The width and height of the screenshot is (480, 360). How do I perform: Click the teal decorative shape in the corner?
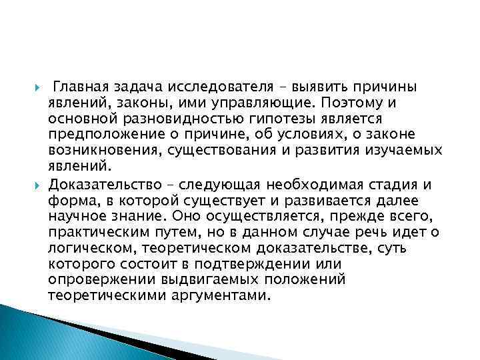(40, 337)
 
